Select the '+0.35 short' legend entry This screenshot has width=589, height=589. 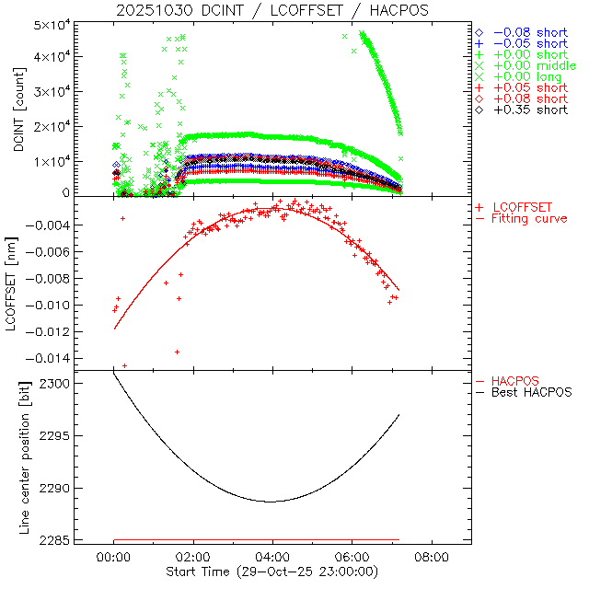[x=529, y=110]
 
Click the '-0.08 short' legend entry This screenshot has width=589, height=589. [x=529, y=33]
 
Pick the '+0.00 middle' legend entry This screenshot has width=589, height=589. [x=535, y=66]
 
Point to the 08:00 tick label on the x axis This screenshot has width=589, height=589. [x=432, y=558]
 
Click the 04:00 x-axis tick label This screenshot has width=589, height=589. [x=272, y=558]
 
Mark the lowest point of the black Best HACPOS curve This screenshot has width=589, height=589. [x=271, y=502]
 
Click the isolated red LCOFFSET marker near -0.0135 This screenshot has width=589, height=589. [x=177, y=352]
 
